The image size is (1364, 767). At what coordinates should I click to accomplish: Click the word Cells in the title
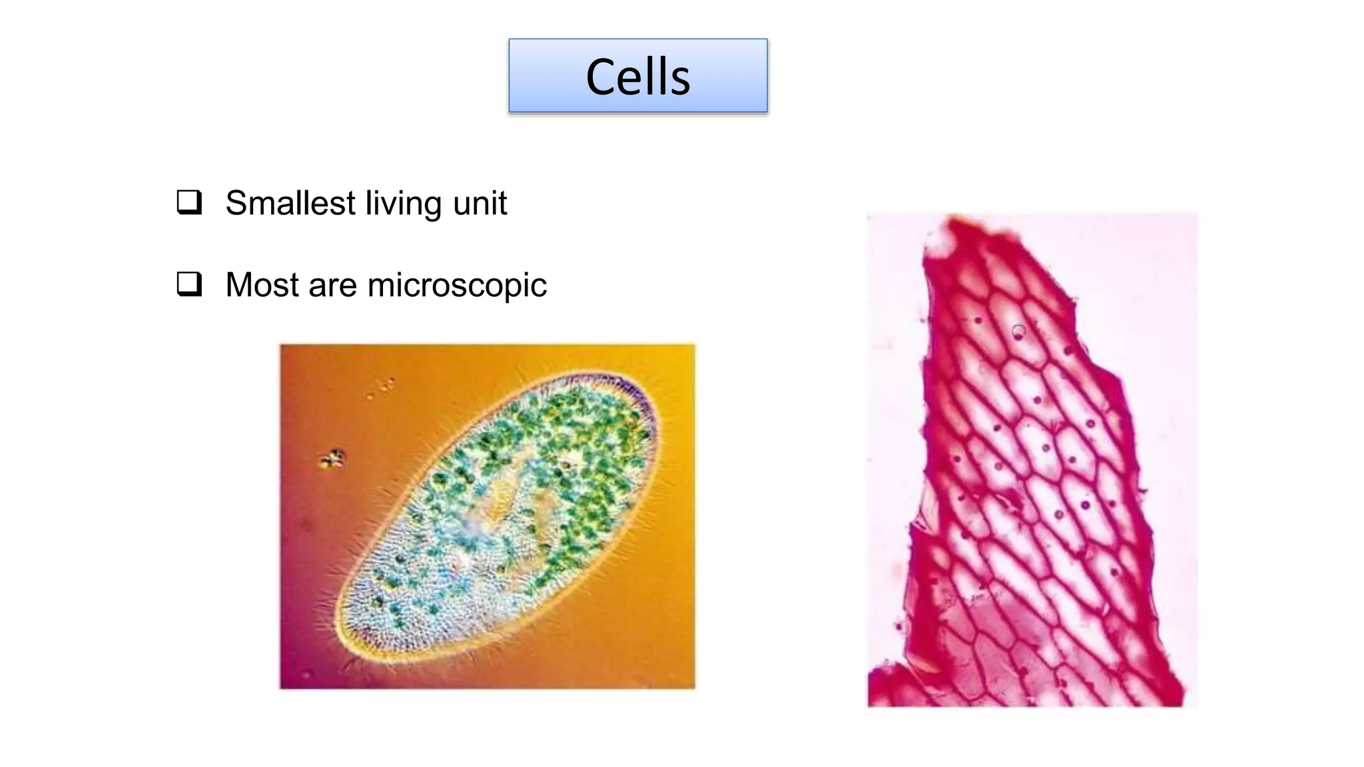(x=637, y=77)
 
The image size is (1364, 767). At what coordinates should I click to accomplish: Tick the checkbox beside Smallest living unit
(x=189, y=202)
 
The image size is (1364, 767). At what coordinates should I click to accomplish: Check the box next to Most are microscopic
(x=189, y=284)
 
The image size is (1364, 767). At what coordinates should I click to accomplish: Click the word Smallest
(x=290, y=203)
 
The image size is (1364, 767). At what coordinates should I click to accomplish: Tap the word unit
(x=480, y=203)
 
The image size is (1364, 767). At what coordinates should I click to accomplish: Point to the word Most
(x=262, y=285)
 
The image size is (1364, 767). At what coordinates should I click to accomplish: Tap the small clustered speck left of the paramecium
(x=332, y=459)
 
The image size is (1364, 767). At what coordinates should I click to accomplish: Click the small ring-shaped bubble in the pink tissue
(x=1018, y=332)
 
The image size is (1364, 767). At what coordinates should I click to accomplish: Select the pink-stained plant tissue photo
(x=1032, y=459)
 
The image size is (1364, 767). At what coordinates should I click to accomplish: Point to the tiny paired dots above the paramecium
(x=387, y=384)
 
